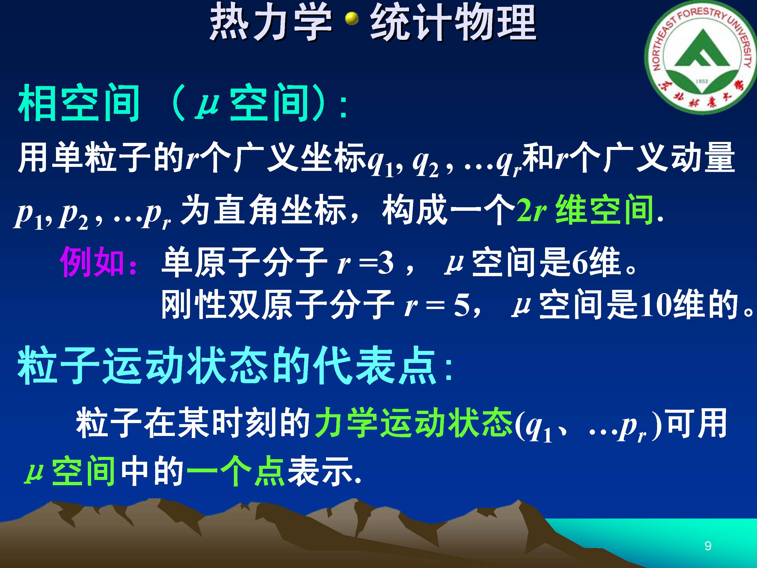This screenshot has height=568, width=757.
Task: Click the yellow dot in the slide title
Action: pos(352,19)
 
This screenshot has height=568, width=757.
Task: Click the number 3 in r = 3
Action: pos(387,264)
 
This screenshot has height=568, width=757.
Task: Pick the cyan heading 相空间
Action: pos(79,103)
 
